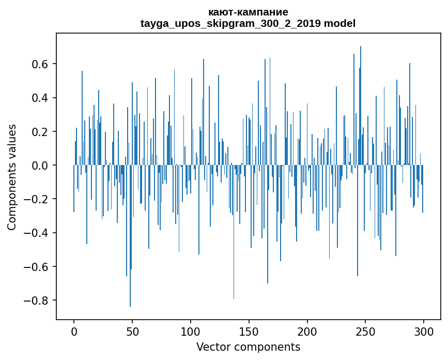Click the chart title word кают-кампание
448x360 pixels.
click(x=248, y=12)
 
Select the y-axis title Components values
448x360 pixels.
click(x=12, y=177)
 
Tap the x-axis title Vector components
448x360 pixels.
click(x=248, y=347)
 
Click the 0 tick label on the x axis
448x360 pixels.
click(x=74, y=331)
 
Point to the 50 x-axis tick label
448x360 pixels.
click(x=132, y=331)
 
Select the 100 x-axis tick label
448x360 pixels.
click(x=191, y=331)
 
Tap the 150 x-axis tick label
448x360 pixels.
click(x=249, y=331)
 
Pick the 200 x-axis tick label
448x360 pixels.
click(x=307, y=331)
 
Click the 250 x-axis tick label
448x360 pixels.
click(x=366, y=331)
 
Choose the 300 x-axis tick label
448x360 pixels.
click(x=424, y=331)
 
